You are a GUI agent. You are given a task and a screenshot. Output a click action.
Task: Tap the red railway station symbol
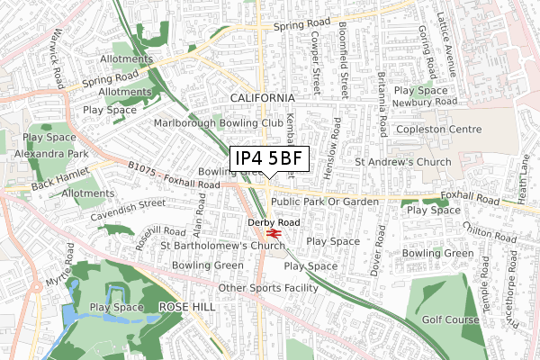tap(275, 232)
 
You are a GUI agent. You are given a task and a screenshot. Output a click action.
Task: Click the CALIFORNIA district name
tap(262, 97)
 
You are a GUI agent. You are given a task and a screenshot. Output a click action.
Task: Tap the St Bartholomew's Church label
tap(222, 245)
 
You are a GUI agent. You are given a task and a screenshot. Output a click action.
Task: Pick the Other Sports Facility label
tap(268, 288)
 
